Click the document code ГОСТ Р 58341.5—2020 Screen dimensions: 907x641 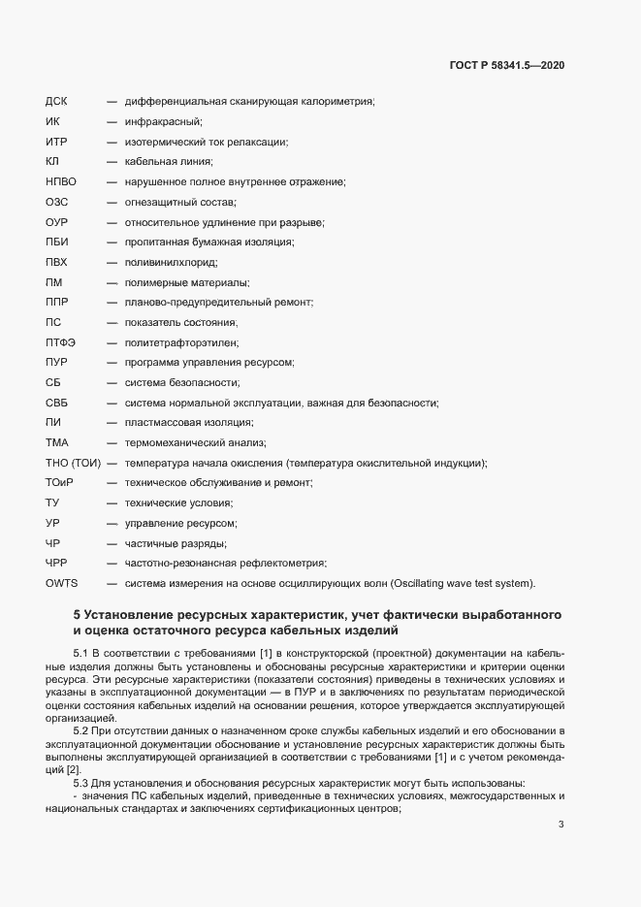(507, 65)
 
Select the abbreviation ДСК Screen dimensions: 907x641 (57, 101)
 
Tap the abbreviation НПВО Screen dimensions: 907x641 (60, 181)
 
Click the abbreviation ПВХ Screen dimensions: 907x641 (56, 262)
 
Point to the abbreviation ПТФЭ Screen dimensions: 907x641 (60, 342)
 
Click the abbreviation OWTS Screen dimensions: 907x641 (61, 583)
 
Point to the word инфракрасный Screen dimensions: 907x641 (162, 121)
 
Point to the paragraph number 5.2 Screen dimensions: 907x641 (80, 729)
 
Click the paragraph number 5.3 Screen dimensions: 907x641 (80, 783)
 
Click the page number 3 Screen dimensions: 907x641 (561, 825)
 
